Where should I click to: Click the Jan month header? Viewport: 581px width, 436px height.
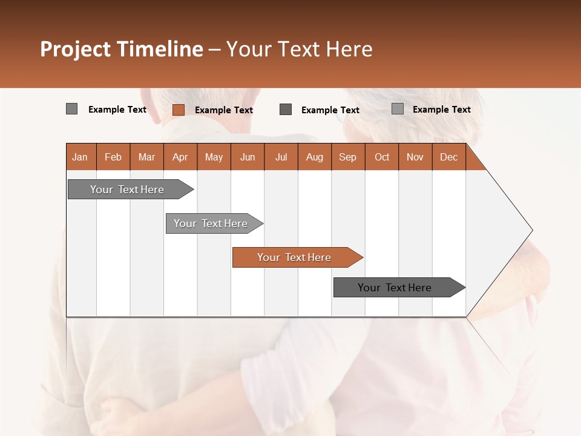(80, 157)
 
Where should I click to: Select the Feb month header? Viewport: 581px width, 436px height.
(113, 157)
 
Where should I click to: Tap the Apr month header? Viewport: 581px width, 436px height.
(180, 157)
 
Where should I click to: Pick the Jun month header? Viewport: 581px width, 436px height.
(248, 157)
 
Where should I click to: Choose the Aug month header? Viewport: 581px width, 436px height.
(315, 157)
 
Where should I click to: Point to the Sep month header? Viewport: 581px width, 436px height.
(348, 157)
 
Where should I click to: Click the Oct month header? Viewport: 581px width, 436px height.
(382, 157)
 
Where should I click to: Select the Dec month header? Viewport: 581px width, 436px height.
(449, 157)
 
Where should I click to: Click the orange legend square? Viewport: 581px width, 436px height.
(179, 110)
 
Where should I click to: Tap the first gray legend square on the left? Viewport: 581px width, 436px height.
(71, 109)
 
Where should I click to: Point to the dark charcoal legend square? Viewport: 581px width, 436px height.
(286, 109)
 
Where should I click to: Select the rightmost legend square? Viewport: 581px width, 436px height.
(398, 109)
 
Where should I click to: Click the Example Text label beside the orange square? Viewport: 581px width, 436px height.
(224, 110)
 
